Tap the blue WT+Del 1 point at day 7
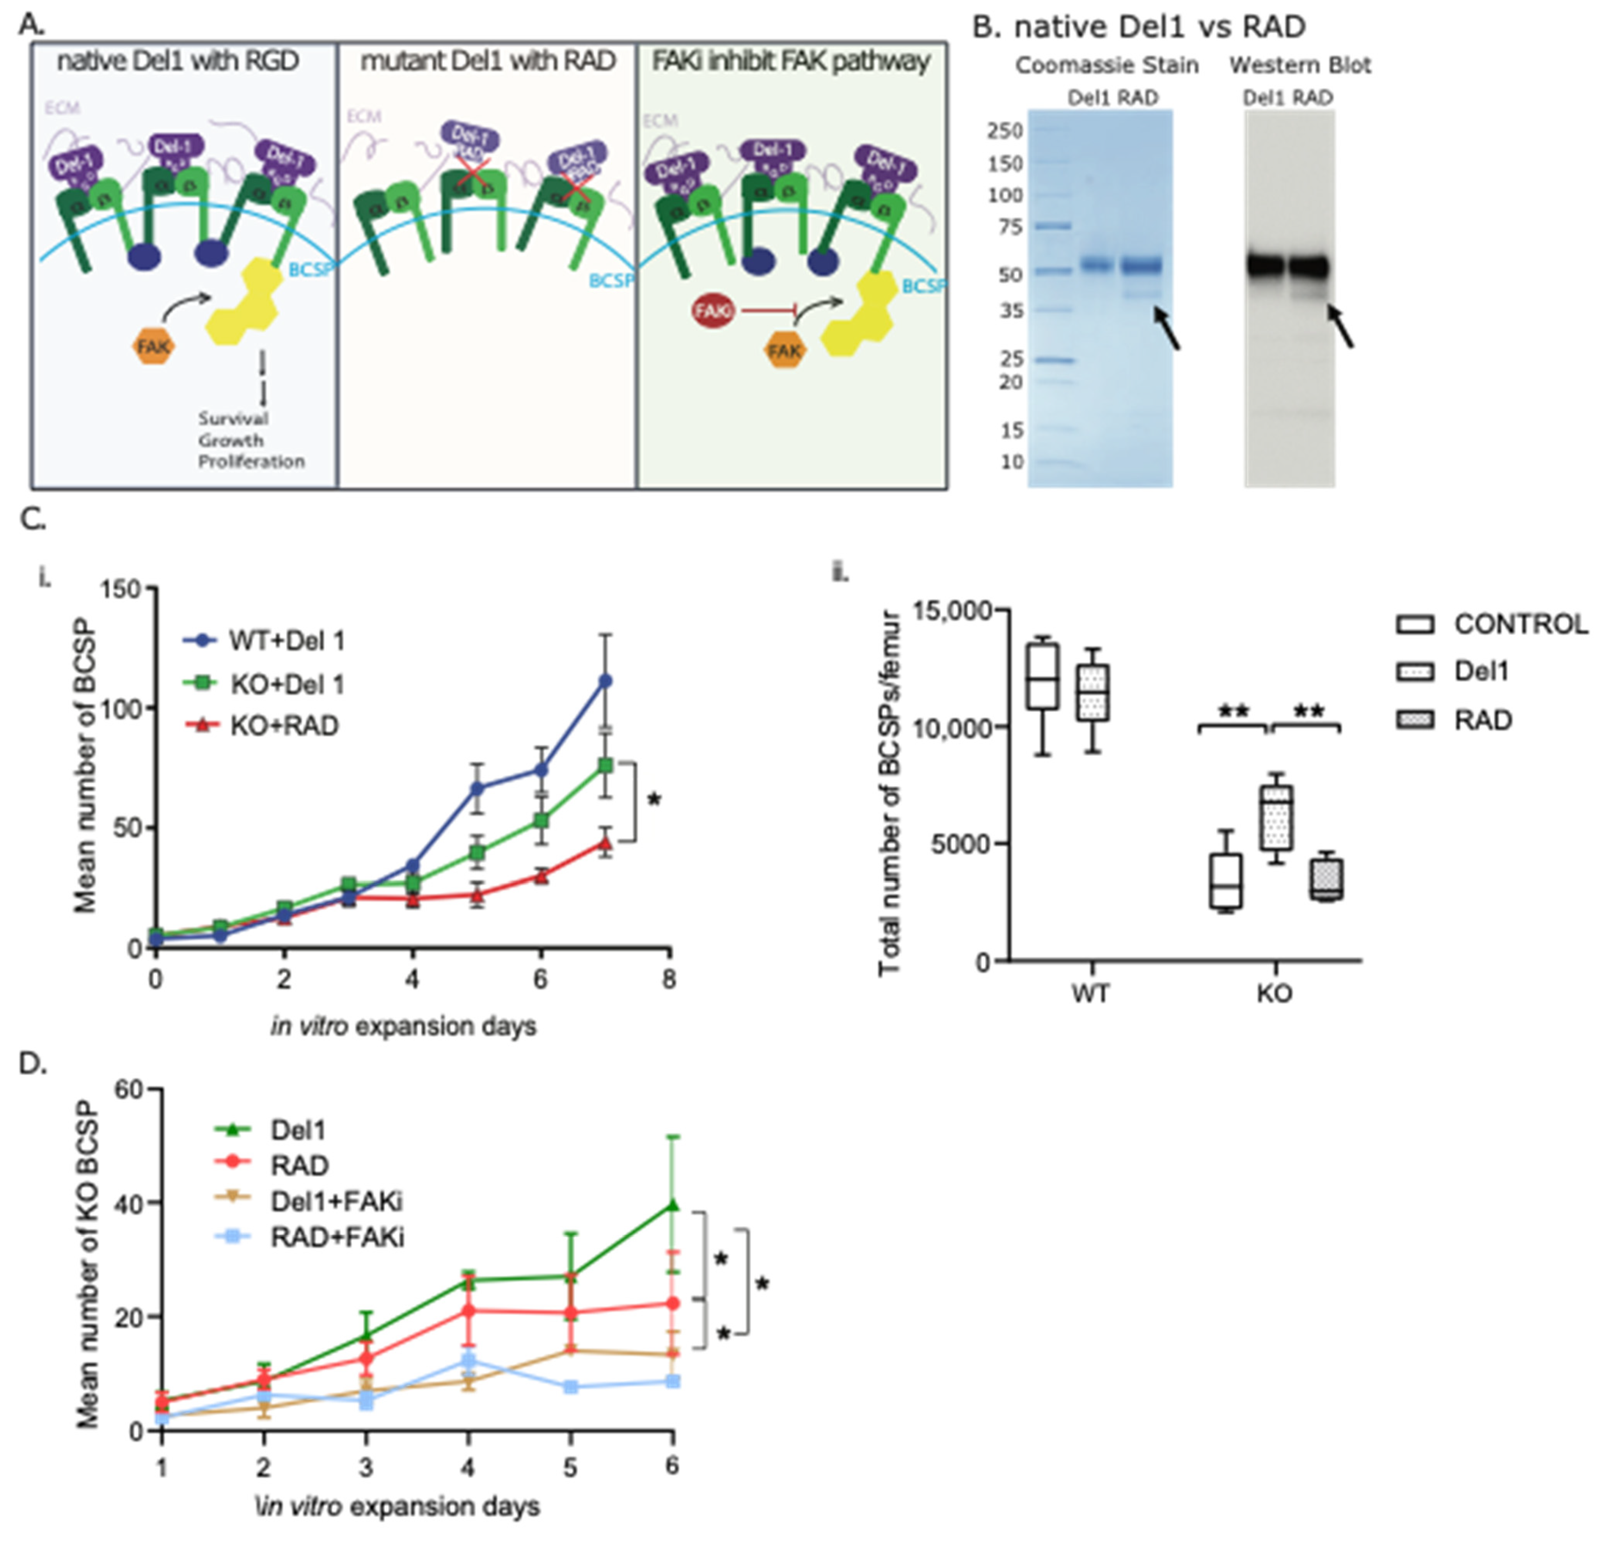(605, 681)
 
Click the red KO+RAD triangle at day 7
(605, 843)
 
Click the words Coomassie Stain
(1106, 65)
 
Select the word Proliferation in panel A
(251, 462)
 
